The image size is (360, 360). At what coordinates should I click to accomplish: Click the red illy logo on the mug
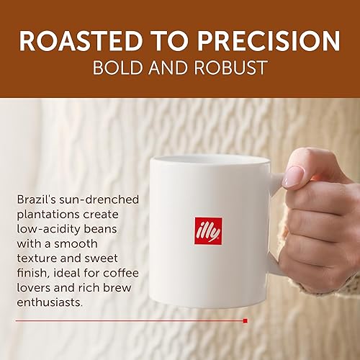208,231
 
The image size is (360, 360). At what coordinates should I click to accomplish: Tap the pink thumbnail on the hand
294,176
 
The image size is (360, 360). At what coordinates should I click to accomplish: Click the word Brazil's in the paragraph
35,198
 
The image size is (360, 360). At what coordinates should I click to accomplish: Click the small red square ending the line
246,320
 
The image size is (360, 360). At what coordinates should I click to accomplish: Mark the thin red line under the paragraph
130,320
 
